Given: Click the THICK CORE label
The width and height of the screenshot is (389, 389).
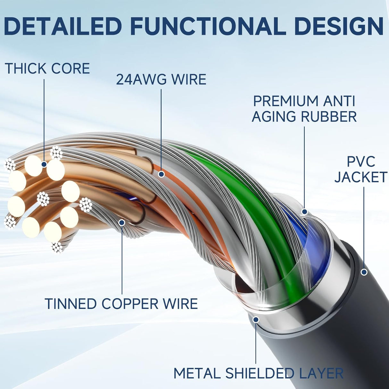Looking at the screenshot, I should (47, 69).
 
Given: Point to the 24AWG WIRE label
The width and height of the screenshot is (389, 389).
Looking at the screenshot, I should (161, 79).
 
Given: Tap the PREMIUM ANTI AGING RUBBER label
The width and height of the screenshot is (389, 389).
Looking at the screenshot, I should (304, 109).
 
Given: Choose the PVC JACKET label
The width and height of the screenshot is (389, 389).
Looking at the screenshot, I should (361, 170).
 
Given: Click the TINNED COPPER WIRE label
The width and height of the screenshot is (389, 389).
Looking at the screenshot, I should (121, 304).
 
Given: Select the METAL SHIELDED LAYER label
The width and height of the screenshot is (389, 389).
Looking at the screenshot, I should (258, 374).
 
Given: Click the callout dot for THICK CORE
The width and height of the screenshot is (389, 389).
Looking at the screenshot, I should (44, 164).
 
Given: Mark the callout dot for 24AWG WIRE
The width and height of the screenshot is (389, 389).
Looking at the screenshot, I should (161, 174).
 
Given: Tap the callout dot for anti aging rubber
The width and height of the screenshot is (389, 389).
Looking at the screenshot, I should (304, 212).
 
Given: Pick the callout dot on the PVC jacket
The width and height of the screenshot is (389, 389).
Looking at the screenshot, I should (364, 272).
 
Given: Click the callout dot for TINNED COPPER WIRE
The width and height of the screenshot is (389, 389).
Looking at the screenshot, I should (122, 222).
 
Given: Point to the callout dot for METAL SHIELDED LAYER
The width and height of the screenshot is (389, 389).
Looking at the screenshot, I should (256, 319).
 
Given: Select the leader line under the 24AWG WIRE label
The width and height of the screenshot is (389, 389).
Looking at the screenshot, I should (161, 128).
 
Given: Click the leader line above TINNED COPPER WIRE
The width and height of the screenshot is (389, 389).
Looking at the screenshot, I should (122, 260).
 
